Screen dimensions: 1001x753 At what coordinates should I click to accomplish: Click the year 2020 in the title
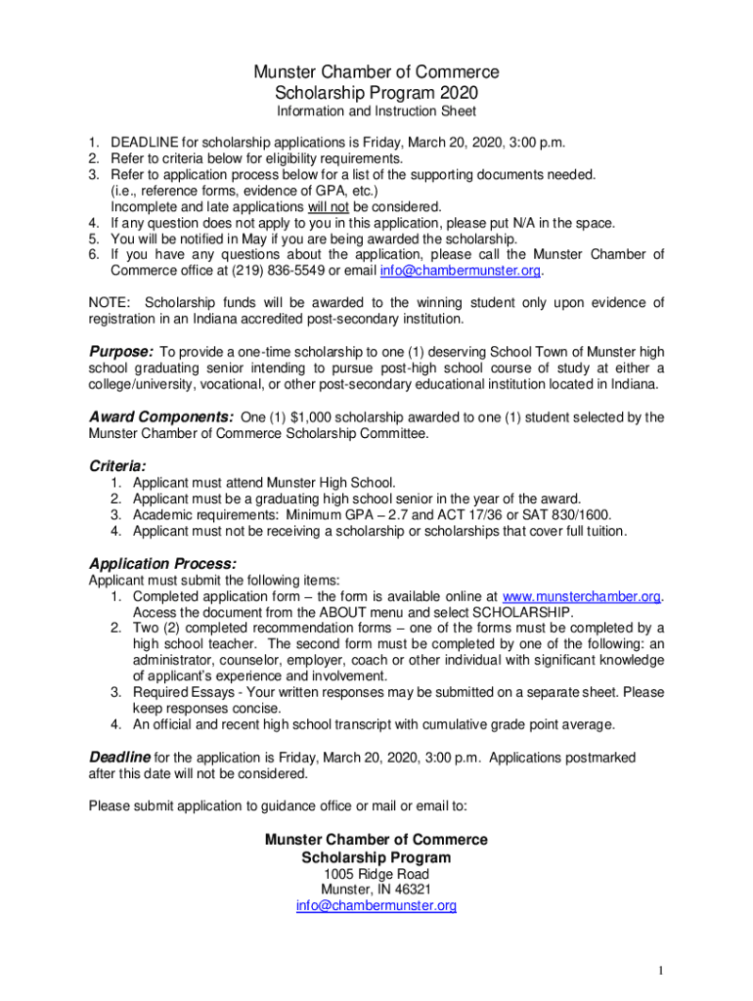pyautogui.click(x=461, y=94)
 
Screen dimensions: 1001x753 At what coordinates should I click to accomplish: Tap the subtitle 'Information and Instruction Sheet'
pyautogui.click(x=376, y=112)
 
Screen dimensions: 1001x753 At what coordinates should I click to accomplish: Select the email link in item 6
pyautogui.click(x=460, y=271)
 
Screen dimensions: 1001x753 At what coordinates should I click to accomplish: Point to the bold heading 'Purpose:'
pyautogui.click(x=121, y=351)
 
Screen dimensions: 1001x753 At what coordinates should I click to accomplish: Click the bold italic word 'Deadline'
pyautogui.click(x=120, y=757)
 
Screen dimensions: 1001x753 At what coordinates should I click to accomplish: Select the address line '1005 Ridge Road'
pyautogui.click(x=376, y=873)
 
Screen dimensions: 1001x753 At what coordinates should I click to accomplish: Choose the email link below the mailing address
pyautogui.click(x=376, y=906)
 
